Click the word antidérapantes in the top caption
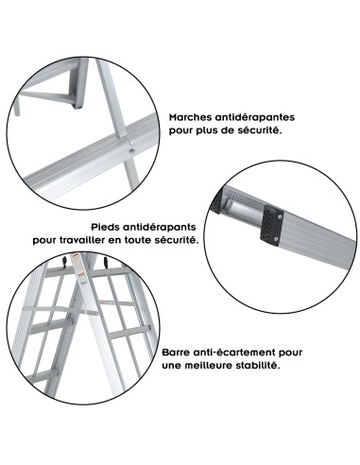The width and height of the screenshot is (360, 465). tap(257, 117)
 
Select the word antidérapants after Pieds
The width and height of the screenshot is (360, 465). tap(162, 227)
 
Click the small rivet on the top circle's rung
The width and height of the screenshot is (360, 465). tap(129, 146)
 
